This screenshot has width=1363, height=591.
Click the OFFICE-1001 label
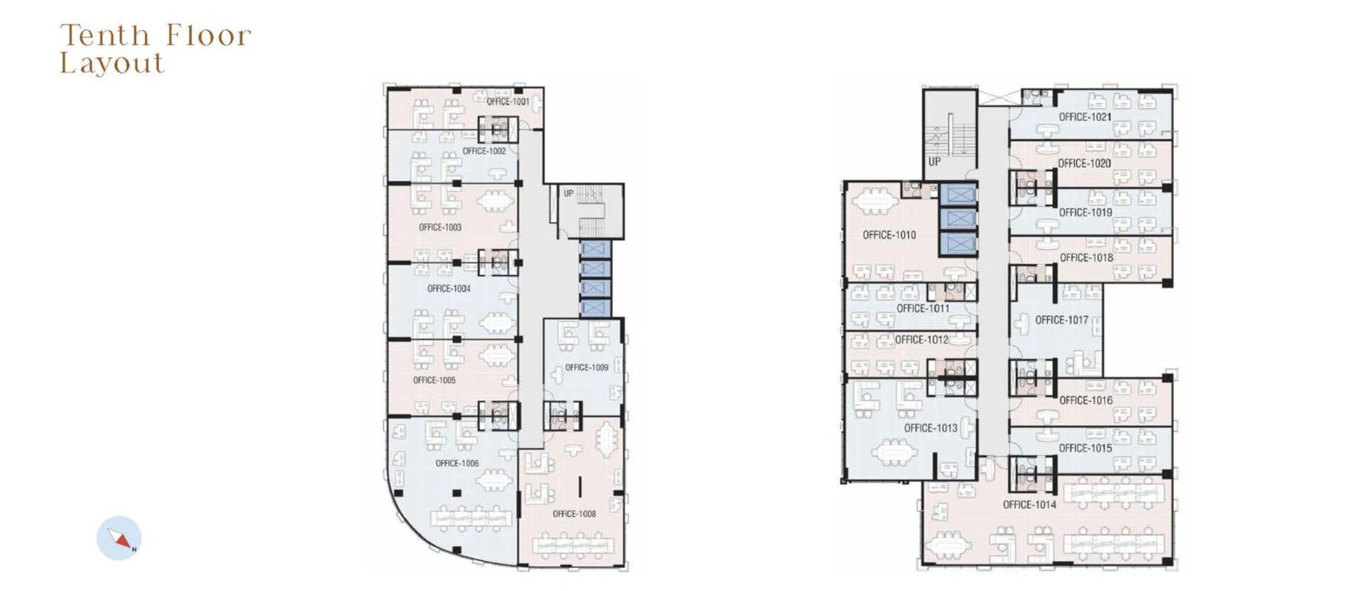pyautogui.click(x=508, y=101)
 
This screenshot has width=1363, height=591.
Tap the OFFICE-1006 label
pyautogui.click(x=457, y=463)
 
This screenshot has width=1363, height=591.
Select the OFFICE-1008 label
pyautogui.click(x=574, y=514)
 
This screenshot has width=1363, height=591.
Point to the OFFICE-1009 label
pyautogui.click(x=587, y=367)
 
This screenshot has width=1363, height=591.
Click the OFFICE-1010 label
pyautogui.click(x=889, y=235)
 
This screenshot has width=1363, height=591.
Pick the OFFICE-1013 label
pyautogui.click(x=930, y=428)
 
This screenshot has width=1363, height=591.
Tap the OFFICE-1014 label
pyautogui.click(x=1030, y=505)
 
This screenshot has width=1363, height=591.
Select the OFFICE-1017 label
pyautogui.click(x=1061, y=320)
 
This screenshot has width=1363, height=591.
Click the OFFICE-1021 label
pyautogui.click(x=1085, y=117)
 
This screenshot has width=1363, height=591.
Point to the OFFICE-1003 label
pyautogui.click(x=440, y=227)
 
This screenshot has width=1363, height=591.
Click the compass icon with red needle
pyautogui.click(x=119, y=538)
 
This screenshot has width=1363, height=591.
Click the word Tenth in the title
pyautogui.click(x=106, y=36)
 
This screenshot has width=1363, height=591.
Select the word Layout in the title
pyautogui.click(x=112, y=64)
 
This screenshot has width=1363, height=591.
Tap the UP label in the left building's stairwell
pyautogui.click(x=568, y=193)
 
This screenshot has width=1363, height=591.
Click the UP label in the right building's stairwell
pyautogui.click(x=934, y=162)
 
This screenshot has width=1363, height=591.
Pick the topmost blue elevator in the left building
pyautogui.click(x=595, y=249)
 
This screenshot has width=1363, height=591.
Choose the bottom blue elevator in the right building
pyautogui.click(x=958, y=244)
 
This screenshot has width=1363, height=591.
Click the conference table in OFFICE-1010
pyautogui.click(x=874, y=201)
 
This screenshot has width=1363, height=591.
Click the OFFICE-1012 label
pyautogui.click(x=922, y=340)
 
